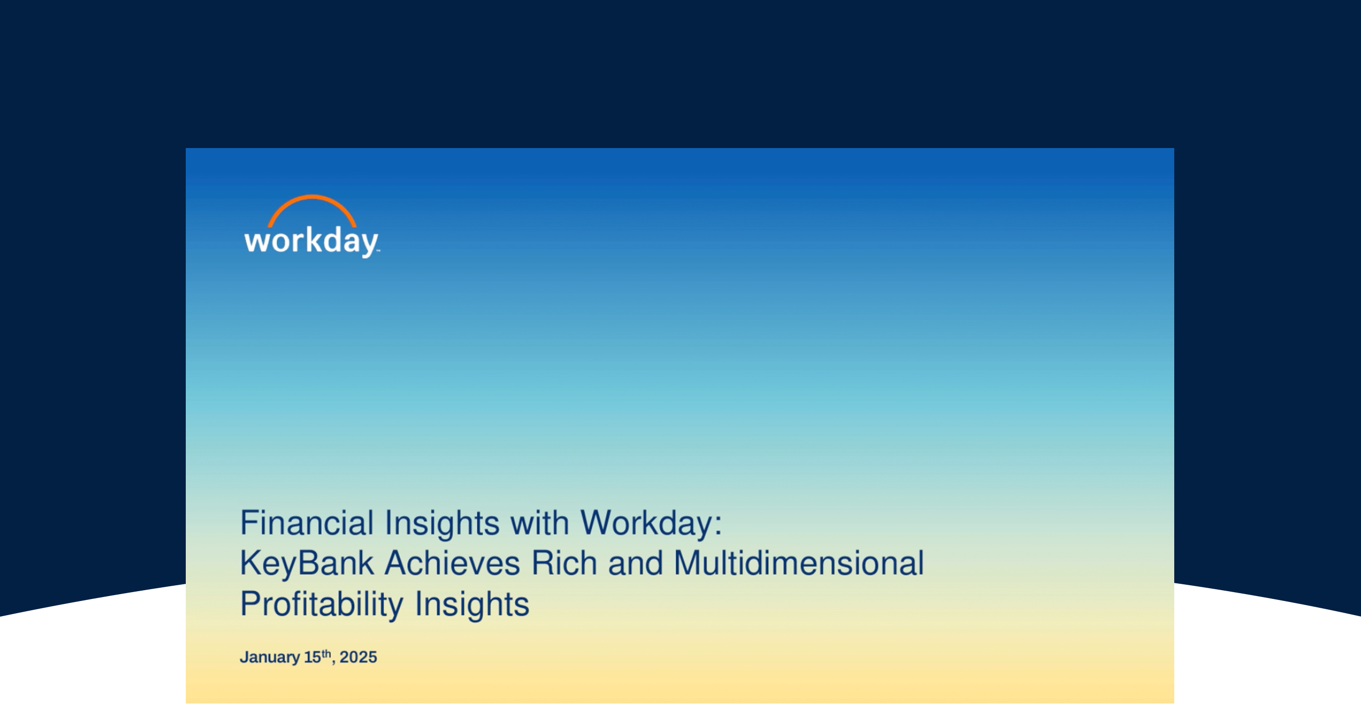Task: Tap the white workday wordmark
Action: click(312, 242)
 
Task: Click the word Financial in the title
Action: click(307, 523)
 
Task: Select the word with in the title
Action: click(539, 523)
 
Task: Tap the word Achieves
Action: click(452, 563)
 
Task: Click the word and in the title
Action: click(636, 563)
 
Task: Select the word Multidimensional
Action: click(799, 563)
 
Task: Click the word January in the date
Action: click(270, 658)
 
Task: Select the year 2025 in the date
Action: click(358, 658)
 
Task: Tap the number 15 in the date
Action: click(312, 658)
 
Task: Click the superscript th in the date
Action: click(327, 653)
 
